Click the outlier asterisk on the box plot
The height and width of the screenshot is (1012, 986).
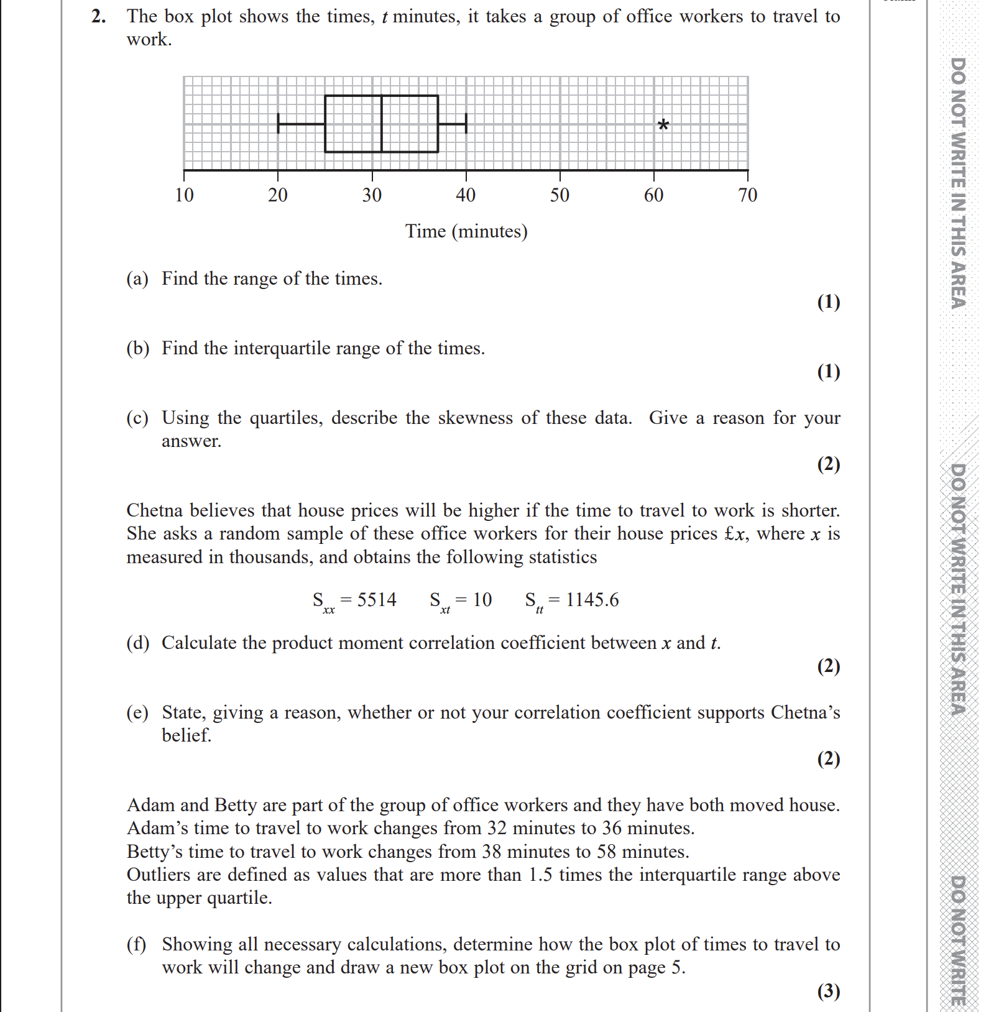point(663,125)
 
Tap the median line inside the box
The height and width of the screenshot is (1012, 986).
point(381,124)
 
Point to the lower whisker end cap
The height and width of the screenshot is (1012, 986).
point(278,124)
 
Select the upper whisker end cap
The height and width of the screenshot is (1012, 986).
point(466,124)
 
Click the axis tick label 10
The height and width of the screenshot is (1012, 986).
point(184,195)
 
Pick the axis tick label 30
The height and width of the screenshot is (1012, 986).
point(372,195)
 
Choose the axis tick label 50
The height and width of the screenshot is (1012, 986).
point(560,195)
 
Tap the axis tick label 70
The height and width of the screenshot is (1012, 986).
point(748,195)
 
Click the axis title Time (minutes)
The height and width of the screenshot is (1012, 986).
point(466,231)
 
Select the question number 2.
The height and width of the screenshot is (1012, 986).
point(98,16)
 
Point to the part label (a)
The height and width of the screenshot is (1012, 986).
point(137,278)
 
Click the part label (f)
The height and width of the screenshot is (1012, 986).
point(137,944)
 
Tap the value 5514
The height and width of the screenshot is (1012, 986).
point(377,600)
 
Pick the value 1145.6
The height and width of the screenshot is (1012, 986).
point(592,600)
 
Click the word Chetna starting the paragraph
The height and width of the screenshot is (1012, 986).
point(155,510)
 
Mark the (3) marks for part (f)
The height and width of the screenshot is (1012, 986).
point(828,991)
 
